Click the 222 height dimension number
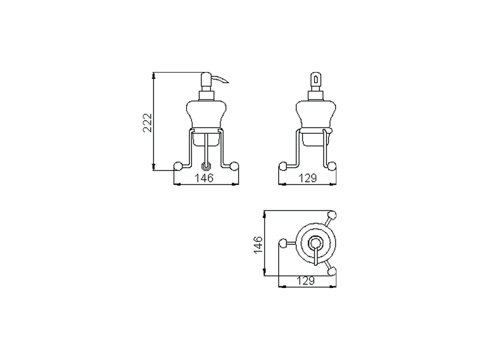coord(148,122)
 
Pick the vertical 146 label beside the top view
coord(258,244)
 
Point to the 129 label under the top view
coord(306,280)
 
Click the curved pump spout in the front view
coord(221,79)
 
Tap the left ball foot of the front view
coord(178,166)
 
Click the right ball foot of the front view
coord(234,166)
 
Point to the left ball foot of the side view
coord(283,166)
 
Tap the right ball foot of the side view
coord(331,166)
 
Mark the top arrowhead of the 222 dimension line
coord(153,76)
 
